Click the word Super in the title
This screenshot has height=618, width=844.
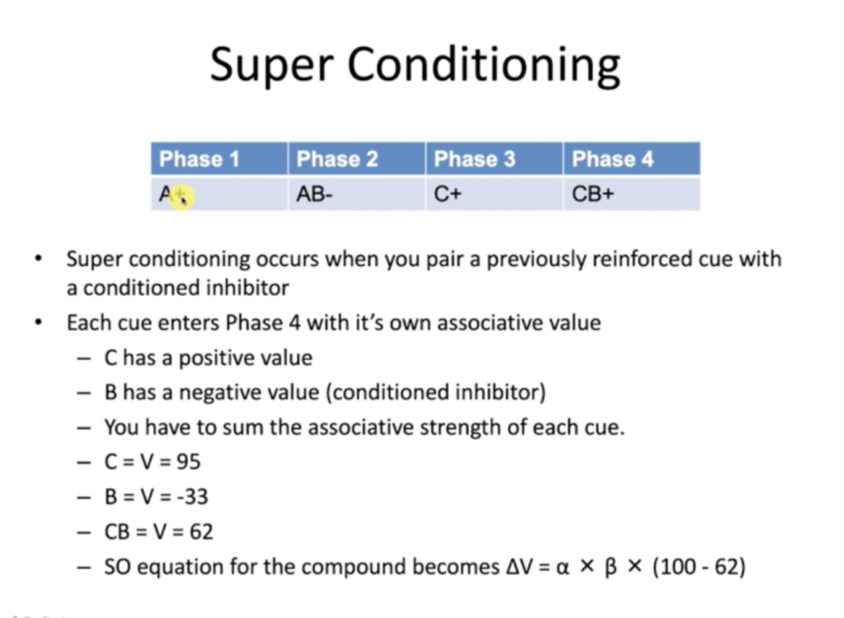[271, 65]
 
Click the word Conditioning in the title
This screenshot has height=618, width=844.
[484, 65]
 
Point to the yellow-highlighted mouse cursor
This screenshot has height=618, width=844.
[181, 196]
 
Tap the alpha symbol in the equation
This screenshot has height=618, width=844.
[561, 567]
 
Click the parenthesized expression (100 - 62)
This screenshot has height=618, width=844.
[698, 567]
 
